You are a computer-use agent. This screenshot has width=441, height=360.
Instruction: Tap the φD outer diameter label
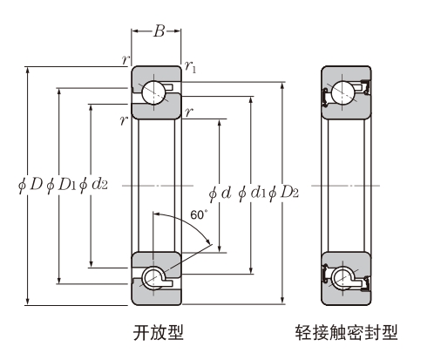coord(28,187)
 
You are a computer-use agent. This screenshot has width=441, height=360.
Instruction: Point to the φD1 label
coord(59,187)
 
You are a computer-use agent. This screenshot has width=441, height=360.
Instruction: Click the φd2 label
coord(93,187)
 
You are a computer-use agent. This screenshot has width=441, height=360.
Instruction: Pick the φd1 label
coord(252,193)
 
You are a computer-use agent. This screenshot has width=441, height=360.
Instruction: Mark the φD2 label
coord(285,193)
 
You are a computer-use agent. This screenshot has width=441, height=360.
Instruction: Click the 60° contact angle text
coord(197,214)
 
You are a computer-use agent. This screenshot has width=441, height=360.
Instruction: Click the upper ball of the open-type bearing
coord(157,92)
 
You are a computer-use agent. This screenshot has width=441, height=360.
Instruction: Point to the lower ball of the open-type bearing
coord(157,278)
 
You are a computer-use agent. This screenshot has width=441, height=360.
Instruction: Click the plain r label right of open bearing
coord(189,111)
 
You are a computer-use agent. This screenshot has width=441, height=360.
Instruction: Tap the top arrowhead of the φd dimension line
coord(219,119)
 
